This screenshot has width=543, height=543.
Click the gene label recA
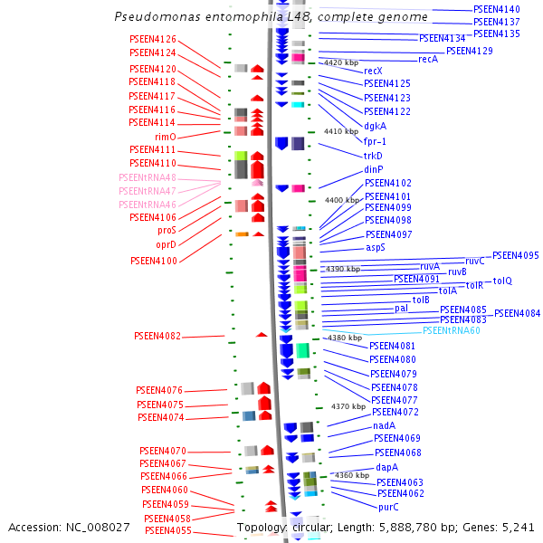click(428, 59)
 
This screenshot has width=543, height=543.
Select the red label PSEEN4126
click(153, 40)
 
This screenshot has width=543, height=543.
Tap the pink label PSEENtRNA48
click(148, 177)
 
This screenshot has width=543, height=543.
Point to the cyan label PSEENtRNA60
click(452, 331)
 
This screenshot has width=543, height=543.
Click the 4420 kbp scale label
click(341, 62)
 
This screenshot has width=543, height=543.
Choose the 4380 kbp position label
click(345, 338)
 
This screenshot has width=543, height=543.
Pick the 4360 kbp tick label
click(352, 474)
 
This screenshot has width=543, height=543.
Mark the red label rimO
click(165, 137)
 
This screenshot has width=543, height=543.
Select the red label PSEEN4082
click(157, 337)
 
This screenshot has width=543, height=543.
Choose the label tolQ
click(502, 281)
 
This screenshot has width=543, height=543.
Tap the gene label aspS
click(376, 247)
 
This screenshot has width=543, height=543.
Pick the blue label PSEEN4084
click(517, 313)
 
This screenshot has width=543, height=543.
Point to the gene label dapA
click(387, 467)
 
